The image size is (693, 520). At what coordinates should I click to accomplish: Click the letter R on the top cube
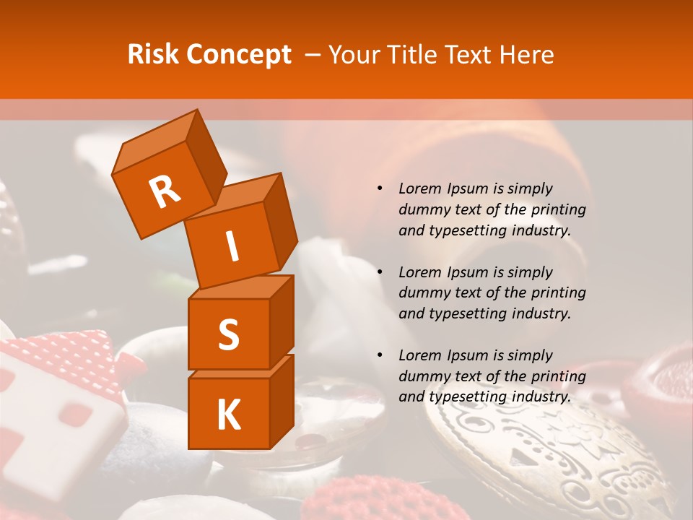click(165, 191)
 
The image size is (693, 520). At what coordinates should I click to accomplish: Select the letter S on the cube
click(228, 334)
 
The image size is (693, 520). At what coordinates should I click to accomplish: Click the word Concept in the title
click(239, 55)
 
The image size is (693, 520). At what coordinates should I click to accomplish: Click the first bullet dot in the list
click(380, 188)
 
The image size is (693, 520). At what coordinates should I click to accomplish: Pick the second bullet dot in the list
click(380, 272)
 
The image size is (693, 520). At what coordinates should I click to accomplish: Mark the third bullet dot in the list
click(380, 355)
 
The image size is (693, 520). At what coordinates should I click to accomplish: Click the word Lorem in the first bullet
click(418, 188)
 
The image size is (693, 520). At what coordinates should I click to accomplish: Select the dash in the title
click(313, 55)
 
